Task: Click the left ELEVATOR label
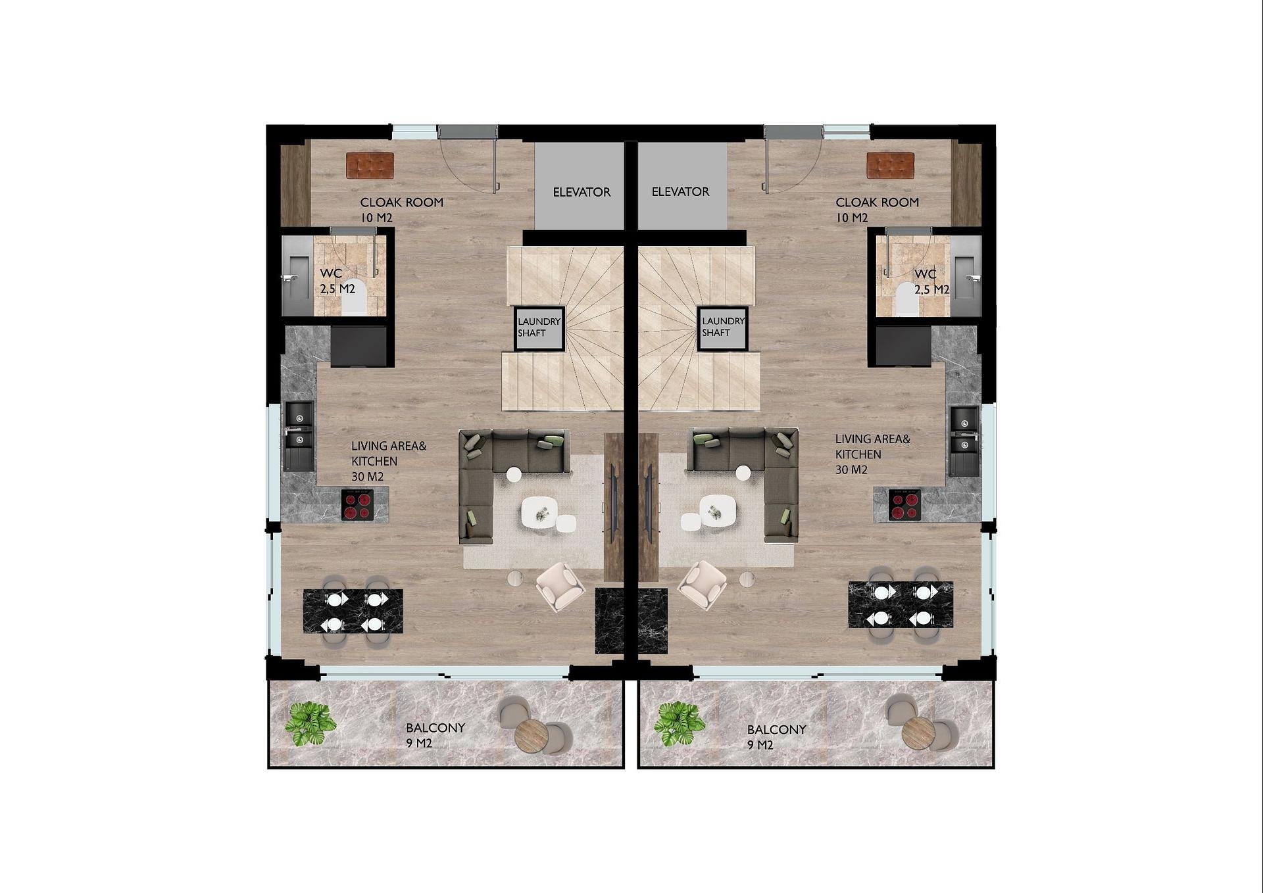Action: [x=582, y=192]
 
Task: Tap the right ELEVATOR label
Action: [x=680, y=191]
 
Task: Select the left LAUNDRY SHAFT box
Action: [x=539, y=328]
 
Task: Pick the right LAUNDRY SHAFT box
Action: [x=723, y=328]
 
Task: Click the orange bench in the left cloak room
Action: [x=370, y=166]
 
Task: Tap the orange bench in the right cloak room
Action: [x=891, y=166]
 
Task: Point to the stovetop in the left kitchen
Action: [x=357, y=505]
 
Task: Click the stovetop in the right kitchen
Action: [x=904, y=505]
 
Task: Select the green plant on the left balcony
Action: [x=310, y=724]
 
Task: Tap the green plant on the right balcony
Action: [x=680, y=724]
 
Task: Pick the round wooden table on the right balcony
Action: [x=918, y=733]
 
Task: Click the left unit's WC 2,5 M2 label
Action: [x=337, y=281]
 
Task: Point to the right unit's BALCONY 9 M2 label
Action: [x=776, y=737]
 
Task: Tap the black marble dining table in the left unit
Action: [x=353, y=611]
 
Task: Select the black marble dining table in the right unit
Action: [x=901, y=604]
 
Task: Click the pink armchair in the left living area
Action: [x=560, y=587]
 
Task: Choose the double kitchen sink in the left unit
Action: [x=299, y=437]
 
